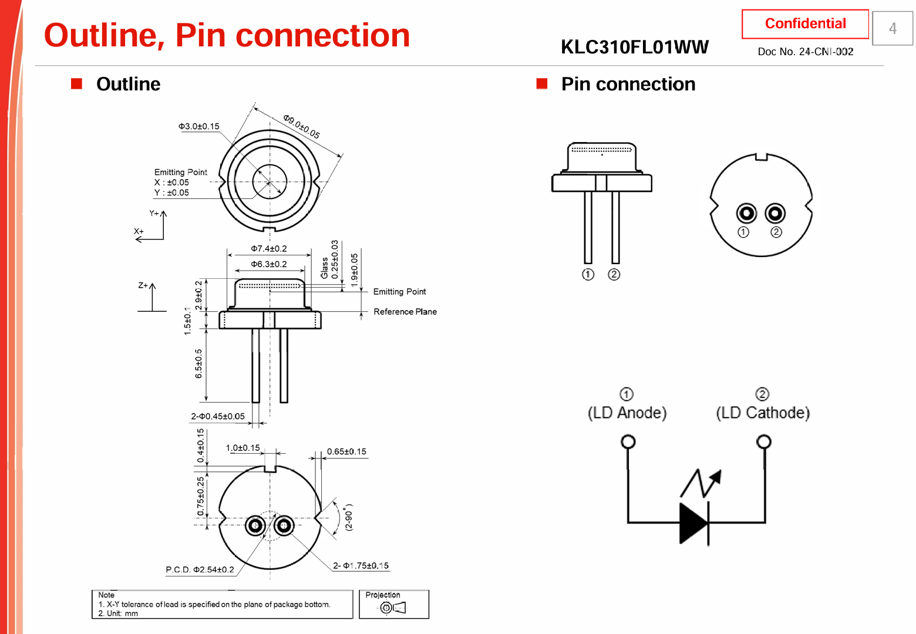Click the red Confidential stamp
[805, 23]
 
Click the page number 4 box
[893, 28]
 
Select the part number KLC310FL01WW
[634, 47]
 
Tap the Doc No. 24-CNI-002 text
[805, 52]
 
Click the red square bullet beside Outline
[76, 83]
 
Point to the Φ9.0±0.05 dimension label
[302, 126]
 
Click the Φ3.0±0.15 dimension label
[198, 126]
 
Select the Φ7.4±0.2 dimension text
[269, 248]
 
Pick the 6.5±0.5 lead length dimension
[198, 363]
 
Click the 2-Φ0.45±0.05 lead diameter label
[217, 416]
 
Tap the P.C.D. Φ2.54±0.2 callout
[200, 569]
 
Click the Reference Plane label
[405, 312]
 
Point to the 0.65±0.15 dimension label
[346, 451]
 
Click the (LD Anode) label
[627, 413]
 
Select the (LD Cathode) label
[763, 413]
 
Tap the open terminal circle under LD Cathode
[763, 441]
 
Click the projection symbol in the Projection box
[393, 608]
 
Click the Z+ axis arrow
[152, 297]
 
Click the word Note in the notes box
[106, 595]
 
